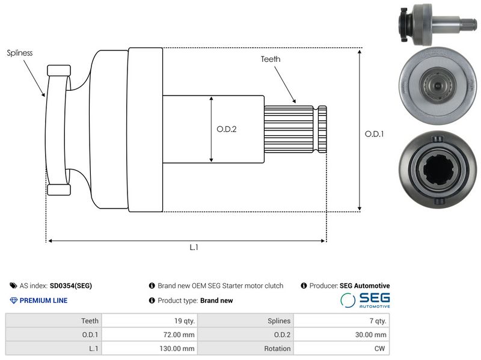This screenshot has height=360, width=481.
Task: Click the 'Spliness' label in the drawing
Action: pyautogui.click(x=20, y=53)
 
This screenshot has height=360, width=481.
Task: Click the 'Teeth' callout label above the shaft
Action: pyautogui.click(x=271, y=59)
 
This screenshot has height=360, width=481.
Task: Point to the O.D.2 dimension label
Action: pyautogui.click(x=227, y=129)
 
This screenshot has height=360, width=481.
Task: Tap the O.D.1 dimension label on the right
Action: pyautogui.click(x=374, y=133)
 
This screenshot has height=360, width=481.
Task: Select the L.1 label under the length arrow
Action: pyautogui.click(x=194, y=247)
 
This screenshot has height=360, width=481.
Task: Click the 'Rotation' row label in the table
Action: pyautogui.click(x=277, y=349)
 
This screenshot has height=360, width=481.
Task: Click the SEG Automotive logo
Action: pyautogui.click(x=365, y=300)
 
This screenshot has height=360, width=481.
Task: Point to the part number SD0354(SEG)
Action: pyautogui.click(x=71, y=286)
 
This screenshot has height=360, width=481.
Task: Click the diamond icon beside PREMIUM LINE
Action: pyautogui.click(x=13, y=301)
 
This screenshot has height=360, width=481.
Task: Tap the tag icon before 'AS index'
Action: pyautogui.click(x=13, y=286)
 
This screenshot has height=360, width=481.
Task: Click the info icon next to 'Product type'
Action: pyautogui.click(x=152, y=301)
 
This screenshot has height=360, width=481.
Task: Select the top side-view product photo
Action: pyautogui.click(x=438, y=24)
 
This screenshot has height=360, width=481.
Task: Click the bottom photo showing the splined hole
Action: pyautogui.click(x=439, y=169)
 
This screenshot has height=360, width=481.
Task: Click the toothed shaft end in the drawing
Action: pyautogui.click(x=295, y=129)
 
